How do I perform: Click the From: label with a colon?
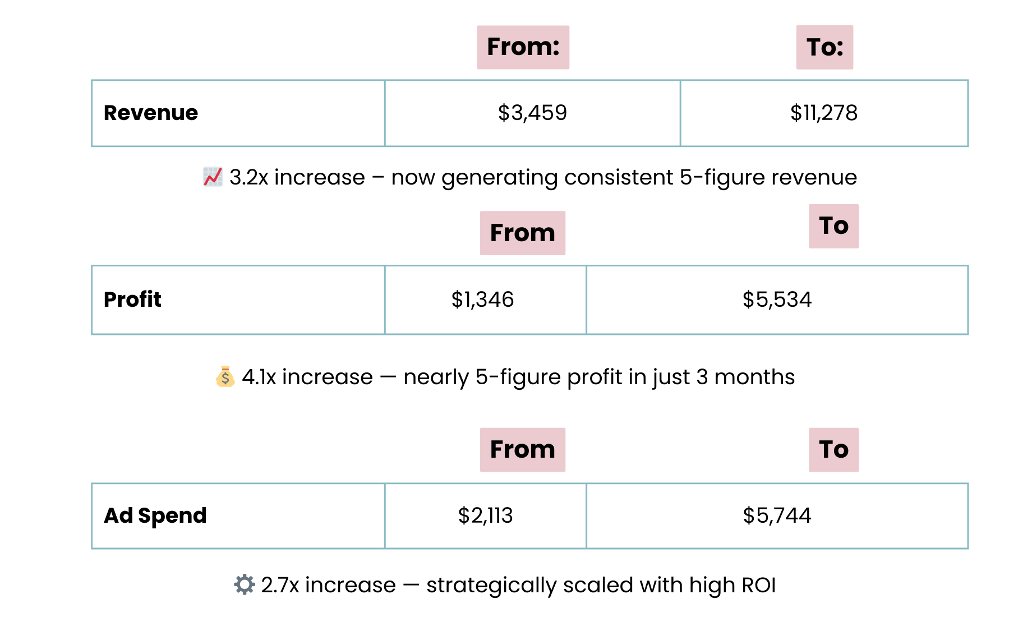[x=523, y=47]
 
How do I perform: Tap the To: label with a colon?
[x=824, y=47]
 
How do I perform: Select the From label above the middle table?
[x=522, y=233]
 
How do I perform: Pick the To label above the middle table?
[x=833, y=226]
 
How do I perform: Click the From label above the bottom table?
[x=522, y=449]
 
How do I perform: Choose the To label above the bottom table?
[x=833, y=449]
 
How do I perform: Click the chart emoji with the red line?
[x=213, y=177]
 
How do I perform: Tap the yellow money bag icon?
[x=225, y=376]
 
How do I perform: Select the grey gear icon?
[x=245, y=584]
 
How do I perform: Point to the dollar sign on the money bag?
[x=225, y=379]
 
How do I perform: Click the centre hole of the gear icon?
[x=245, y=584]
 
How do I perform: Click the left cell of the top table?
[x=238, y=113]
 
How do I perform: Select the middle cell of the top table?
[x=532, y=113]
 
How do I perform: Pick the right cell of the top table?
[x=824, y=113]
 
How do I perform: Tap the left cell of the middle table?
[x=238, y=300]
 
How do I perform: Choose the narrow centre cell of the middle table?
[x=486, y=300]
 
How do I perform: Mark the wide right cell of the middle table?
[x=777, y=300]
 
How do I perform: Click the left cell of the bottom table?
[x=238, y=516]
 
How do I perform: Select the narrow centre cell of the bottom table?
[x=486, y=516]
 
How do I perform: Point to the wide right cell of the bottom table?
[x=777, y=516]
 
